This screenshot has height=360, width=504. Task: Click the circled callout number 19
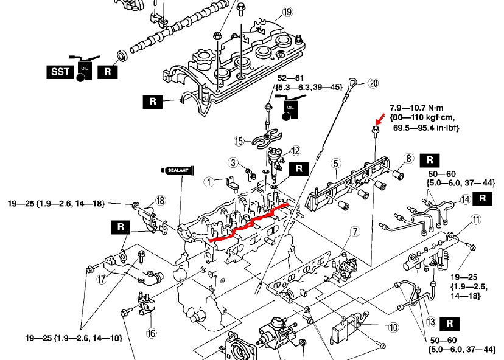[287, 12]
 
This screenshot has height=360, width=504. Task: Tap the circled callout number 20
[373, 83]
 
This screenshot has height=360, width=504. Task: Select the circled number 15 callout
[240, 141]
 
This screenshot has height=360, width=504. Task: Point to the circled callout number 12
[295, 151]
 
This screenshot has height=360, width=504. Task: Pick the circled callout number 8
[408, 159]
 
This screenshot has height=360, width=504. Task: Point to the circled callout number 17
[102, 280]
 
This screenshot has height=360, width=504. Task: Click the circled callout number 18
[160, 201]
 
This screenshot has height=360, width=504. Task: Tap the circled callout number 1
[208, 181]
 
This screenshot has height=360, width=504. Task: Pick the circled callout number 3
[233, 162]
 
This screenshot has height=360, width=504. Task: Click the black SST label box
[60, 72]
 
